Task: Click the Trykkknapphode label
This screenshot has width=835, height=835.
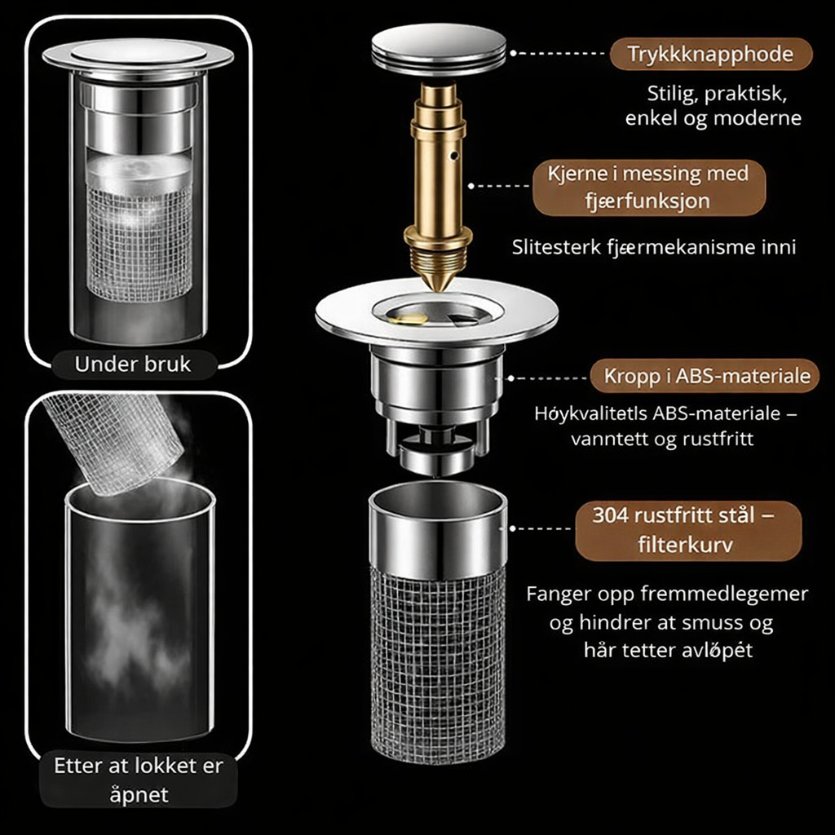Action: coord(711,54)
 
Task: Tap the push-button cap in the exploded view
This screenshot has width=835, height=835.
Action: coord(438,49)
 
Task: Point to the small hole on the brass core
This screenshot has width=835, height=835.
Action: coord(454,156)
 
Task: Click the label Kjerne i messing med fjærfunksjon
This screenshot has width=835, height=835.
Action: coord(648,188)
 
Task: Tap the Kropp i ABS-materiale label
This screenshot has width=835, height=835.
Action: coord(705,376)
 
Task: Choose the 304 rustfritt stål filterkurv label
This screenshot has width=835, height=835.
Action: coord(688,530)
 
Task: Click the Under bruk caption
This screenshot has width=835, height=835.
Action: coord(133,364)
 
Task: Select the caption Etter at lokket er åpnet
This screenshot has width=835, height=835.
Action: coord(139,780)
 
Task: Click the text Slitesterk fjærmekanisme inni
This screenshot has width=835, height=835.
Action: coord(654,247)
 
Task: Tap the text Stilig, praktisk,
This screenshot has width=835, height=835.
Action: coord(717,95)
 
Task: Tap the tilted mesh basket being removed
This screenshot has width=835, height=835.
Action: coord(114,442)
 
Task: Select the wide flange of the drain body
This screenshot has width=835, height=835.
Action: coord(437,313)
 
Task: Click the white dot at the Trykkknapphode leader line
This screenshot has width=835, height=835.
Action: coord(514,53)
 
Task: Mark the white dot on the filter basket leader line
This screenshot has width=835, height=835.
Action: coord(512,528)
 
